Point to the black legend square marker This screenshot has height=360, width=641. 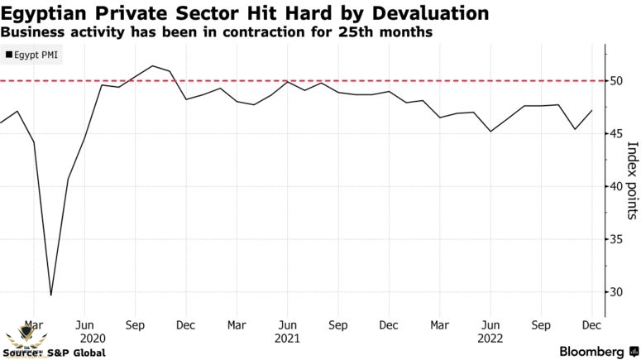[8, 55]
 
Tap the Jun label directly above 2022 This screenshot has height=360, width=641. [490, 325]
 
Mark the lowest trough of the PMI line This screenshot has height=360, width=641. [51, 295]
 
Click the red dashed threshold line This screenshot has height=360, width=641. [331, 80]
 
